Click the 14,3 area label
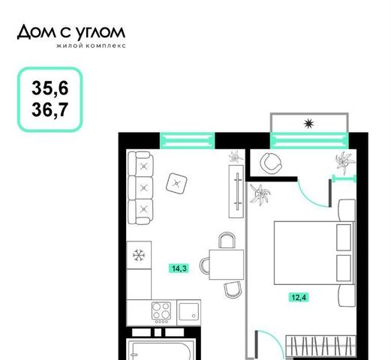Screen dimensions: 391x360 [x=179, y=268]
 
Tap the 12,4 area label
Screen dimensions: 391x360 [x=299, y=298]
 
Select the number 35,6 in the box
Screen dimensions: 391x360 [x=50, y=88]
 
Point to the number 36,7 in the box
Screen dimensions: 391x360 [x=50, y=109]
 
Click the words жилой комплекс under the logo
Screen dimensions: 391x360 [x=91, y=46]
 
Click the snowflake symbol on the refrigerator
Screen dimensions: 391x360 [x=139, y=256]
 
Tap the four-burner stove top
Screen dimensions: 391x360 [x=161, y=312]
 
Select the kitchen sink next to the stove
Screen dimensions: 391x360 [x=189, y=312]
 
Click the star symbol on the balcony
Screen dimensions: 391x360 [x=308, y=124]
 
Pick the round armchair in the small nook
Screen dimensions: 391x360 [x=271, y=163]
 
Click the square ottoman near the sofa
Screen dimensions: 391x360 [x=176, y=184]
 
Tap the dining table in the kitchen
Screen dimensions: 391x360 [x=227, y=265]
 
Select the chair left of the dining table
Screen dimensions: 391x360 [x=205, y=265]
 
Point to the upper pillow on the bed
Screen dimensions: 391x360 [x=344, y=237]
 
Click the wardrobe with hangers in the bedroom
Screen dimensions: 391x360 [x=320, y=346]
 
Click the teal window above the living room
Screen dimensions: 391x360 [x=187, y=141]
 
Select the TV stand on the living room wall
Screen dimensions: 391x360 [x=236, y=191]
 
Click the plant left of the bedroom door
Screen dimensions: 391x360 [x=260, y=194]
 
